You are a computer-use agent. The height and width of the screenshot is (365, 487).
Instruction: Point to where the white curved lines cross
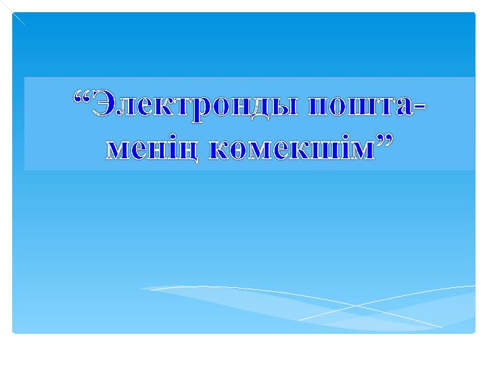pos(356,306)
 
